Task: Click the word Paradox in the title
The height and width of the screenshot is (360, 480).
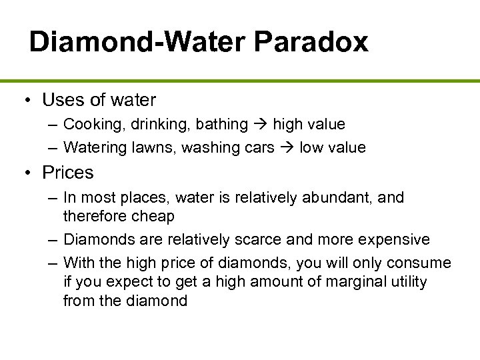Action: click(311, 42)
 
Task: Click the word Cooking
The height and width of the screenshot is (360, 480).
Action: click(91, 124)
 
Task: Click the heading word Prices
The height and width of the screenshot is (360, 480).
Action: click(67, 173)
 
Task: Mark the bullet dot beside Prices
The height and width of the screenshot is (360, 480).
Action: click(28, 173)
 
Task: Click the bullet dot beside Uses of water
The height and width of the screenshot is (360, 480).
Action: click(28, 101)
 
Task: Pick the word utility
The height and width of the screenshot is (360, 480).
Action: click(406, 281)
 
